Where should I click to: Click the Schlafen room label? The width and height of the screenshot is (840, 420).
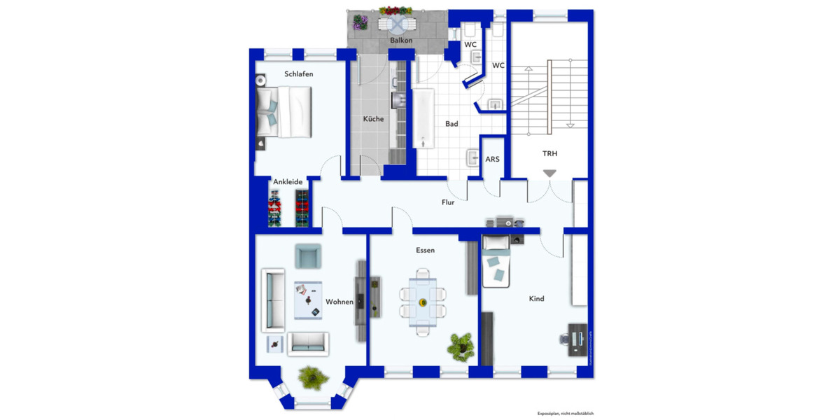pos(298,73)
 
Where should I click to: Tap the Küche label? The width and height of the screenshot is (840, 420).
pos(373,119)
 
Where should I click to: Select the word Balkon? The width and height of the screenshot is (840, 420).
pos(401,41)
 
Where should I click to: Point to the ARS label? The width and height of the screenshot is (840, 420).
pos(493,160)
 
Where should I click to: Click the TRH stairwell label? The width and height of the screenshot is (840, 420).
pos(549,153)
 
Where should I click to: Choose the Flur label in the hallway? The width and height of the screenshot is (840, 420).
pos(448,203)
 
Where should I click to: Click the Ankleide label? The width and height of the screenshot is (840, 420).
pos(288,182)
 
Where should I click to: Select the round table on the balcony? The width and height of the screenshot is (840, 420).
pos(397,25)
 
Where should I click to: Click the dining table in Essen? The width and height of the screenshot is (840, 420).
pos(423,302)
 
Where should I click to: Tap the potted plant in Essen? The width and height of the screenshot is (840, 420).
pos(461,344)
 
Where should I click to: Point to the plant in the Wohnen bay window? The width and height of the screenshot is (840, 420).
pos(312,377)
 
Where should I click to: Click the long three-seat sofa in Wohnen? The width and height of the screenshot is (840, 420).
pos(273,300)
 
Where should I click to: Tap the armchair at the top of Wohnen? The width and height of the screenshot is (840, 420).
pos(308,256)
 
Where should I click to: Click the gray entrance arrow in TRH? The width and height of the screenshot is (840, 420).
pos(549,173)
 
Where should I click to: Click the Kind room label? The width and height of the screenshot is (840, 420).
pos(536,299)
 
